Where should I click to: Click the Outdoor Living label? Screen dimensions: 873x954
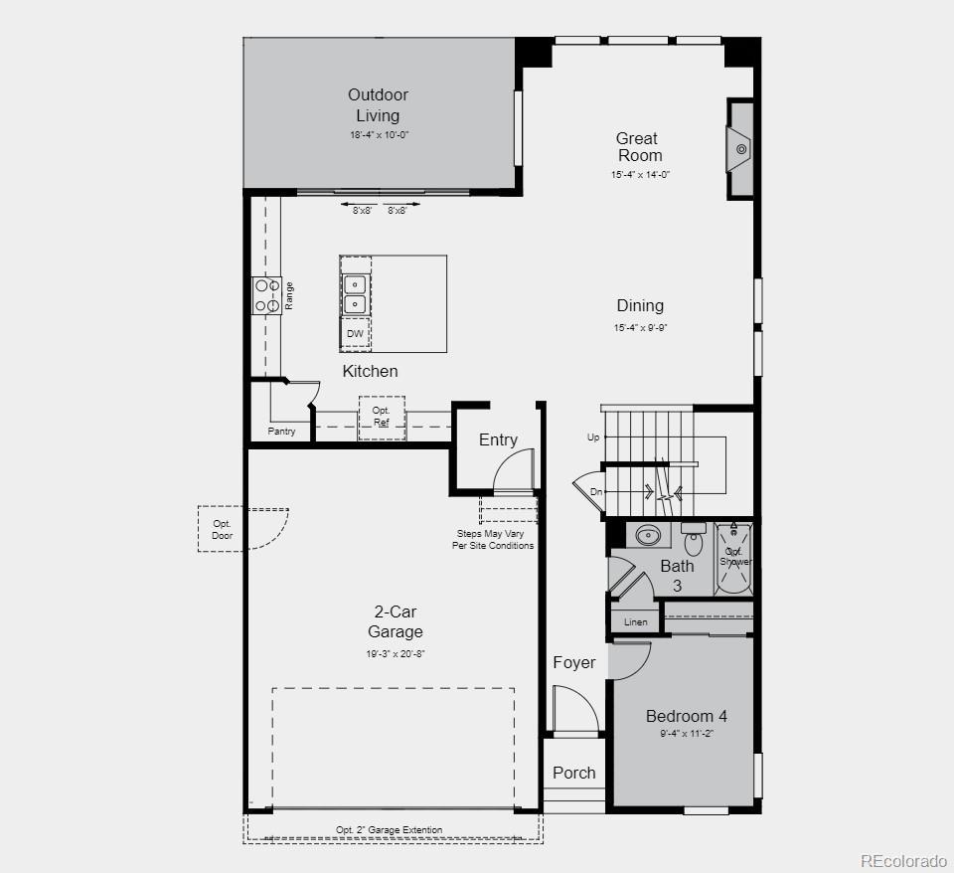[x=378, y=105]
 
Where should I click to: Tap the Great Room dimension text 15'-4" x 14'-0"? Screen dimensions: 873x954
[x=640, y=175]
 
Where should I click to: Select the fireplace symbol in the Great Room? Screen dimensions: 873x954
[x=740, y=149]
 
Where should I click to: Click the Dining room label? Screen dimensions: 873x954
[x=640, y=306]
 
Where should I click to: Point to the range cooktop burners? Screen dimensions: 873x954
[x=267, y=295]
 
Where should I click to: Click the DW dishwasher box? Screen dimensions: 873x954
[x=355, y=334]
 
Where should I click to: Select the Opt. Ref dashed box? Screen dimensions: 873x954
[x=382, y=417]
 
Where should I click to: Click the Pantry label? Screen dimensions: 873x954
[x=281, y=432]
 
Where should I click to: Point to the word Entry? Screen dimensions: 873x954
[x=498, y=439]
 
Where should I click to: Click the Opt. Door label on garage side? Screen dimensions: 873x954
[x=222, y=530]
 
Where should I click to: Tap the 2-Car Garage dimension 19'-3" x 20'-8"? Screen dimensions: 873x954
[x=395, y=654]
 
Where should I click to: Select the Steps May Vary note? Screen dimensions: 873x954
[x=493, y=540]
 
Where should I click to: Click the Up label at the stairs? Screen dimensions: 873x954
[x=593, y=437]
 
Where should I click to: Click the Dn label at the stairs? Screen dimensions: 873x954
[x=595, y=491]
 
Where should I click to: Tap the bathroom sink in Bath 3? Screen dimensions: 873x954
[x=648, y=535]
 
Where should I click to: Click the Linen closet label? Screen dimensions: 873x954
[x=635, y=622]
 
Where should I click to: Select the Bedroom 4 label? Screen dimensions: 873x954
[x=686, y=716]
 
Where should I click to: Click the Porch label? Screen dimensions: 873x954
[x=573, y=773]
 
